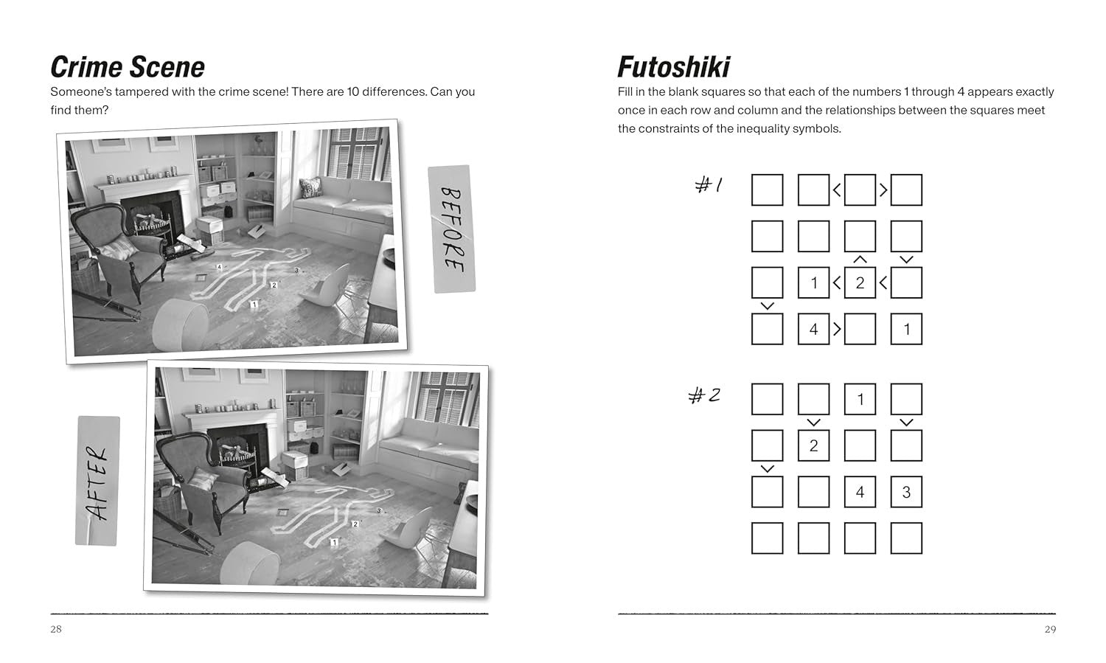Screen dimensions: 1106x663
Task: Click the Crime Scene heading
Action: pyautogui.click(x=128, y=67)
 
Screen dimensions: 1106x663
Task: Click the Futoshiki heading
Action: pyautogui.click(x=673, y=67)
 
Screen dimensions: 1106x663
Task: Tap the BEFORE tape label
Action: pyautogui.click(x=451, y=229)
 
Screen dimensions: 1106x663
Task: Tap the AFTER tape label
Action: pyautogui.click(x=97, y=481)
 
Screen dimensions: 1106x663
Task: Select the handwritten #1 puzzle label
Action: pyautogui.click(x=709, y=185)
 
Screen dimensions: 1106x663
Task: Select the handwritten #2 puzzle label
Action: pyautogui.click(x=704, y=395)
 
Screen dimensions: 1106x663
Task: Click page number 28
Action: pyautogui.click(x=56, y=629)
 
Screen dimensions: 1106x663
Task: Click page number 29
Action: pyautogui.click(x=1050, y=629)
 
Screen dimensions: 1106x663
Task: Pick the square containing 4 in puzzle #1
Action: pyautogui.click(x=814, y=329)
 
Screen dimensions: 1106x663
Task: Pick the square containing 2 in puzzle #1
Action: pyautogui.click(x=860, y=283)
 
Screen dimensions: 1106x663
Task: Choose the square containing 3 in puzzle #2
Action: pyautogui.click(x=906, y=492)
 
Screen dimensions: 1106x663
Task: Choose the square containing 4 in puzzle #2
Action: pyautogui.click(x=860, y=492)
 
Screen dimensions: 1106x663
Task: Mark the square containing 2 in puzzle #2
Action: pyautogui.click(x=814, y=445)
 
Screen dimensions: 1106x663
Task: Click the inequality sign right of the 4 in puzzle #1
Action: pyautogui.click(x=837, y=329)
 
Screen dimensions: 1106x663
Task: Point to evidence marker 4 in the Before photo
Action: pyautogui.click(x=219, y=267)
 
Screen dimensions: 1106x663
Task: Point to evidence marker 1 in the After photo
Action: pyautogui.click(x=334, y=542)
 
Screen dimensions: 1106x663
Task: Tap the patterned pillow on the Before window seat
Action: pyautogui.click(x=310, y=187)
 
